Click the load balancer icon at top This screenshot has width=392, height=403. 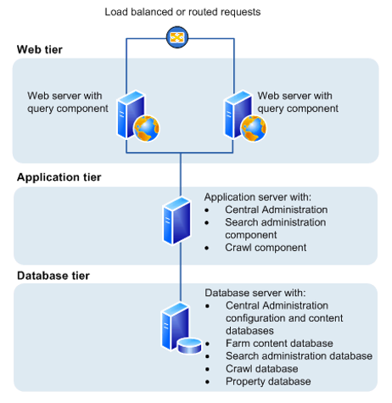click(x=177, y=37)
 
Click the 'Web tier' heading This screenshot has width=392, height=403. click(x=40, y=49)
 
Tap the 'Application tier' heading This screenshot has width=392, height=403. click(x=59, y=177)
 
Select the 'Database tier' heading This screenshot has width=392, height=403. click(x=53, y=276)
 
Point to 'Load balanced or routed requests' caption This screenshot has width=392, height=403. click(x=182, y=12)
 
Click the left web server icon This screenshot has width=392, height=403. click(x=138, y=116)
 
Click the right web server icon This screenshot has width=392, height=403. click(x=245, y=116)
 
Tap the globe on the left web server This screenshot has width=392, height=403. click(x=147, y=129)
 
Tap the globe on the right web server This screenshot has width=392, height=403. click(x=254, y=129)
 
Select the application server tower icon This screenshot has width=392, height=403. click(x=177, y=221)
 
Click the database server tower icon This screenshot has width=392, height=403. click(x=176, y=326)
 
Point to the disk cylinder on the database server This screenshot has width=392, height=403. click(x=190, y=345)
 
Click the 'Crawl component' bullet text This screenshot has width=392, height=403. click(x=266, y=248)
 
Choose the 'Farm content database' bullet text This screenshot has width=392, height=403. click(x=279, y=344)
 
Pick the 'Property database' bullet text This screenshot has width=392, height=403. click(x=268, y=382)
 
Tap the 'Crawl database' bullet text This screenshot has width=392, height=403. click(x=262, y=369)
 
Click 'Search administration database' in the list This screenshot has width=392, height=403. click(x=299, y=356)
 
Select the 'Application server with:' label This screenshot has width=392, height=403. click(x=258, y=197)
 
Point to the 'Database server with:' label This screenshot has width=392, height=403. click(x=255, y=293)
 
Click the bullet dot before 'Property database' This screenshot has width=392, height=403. click(x=208, y=382)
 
